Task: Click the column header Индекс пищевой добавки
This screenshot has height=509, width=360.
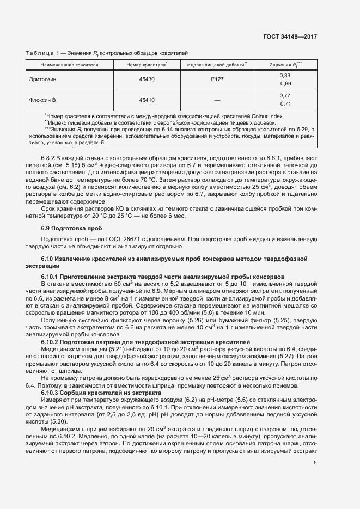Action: point(217,64)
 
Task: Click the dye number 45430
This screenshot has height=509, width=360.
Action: point(147,79)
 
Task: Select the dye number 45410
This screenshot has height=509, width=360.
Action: point(147,100)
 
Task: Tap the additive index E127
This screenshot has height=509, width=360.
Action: point(217,79)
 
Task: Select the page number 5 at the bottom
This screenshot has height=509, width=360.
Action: point(315,463)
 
